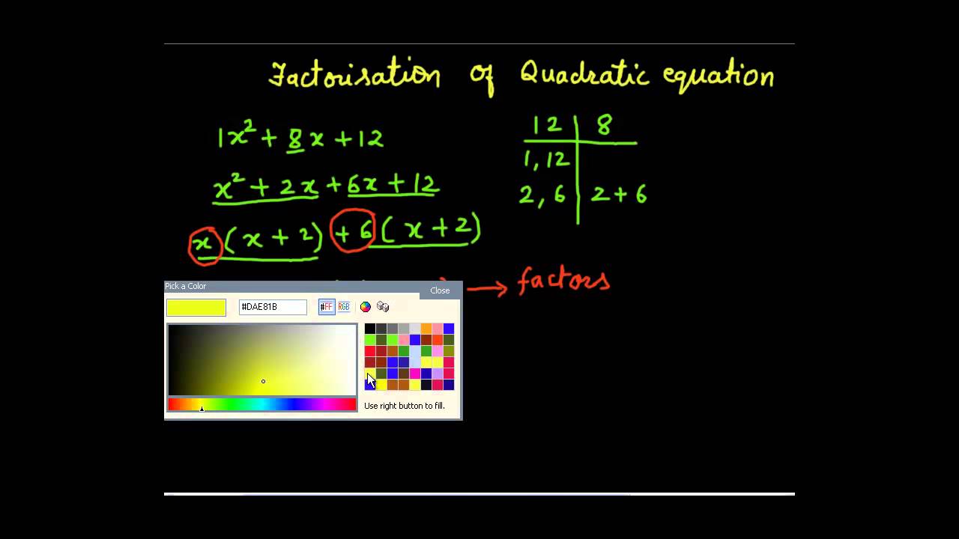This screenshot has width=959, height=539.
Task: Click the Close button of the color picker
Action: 440,290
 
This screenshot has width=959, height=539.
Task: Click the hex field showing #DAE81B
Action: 273,307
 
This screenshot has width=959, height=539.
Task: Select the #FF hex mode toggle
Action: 327,307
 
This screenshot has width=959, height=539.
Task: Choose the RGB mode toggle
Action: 344,307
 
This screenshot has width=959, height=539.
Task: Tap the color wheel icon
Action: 366,307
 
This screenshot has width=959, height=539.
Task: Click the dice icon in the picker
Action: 383,307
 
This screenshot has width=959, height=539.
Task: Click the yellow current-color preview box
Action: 196,308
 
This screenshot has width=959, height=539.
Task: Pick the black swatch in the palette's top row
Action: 370,329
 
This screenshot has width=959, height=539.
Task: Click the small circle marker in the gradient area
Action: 263,382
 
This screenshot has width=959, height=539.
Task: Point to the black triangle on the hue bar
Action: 202,409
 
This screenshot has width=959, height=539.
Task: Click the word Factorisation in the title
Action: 354,76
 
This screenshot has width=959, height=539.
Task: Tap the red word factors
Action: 563,281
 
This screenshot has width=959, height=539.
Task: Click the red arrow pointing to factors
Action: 487,287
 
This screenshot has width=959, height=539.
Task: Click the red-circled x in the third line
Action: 205,244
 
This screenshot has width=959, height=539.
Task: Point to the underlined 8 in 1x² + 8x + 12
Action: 295,138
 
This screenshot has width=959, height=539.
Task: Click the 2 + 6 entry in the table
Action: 619,195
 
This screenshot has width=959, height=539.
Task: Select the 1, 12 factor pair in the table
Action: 547,159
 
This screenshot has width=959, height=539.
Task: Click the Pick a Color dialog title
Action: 186,286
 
